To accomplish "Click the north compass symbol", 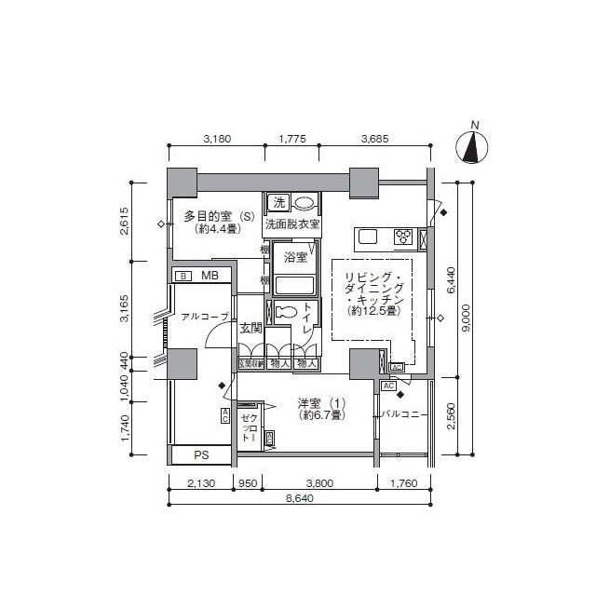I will [475, 147].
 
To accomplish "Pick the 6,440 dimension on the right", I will [452, 279].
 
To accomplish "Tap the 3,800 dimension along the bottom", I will [318, 482].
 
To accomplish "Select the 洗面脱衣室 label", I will [292, 224].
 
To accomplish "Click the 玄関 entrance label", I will [250, 328].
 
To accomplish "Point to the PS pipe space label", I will [201, 455].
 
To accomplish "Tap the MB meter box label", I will [210, 276].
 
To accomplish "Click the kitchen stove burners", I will [405, 237].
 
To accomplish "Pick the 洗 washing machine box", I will [278, 202].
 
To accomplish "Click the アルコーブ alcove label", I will [204, 318].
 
